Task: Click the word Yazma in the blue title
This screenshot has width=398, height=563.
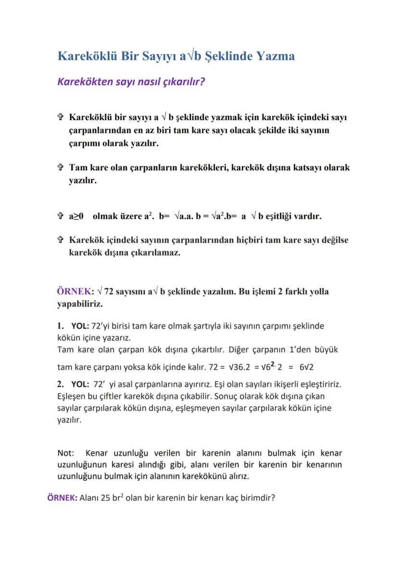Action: pyautogui.click(x=274, y=56)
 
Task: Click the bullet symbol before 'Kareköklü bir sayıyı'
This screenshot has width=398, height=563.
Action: pyautogui.click(x=61, y=117)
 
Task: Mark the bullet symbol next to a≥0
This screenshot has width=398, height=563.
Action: pyautogui.click(x=61, y=216)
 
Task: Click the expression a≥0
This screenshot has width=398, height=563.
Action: pyautogui.click(x=76, y=216)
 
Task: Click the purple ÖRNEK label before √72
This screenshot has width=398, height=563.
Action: pyautogui.click(x=75, y=291)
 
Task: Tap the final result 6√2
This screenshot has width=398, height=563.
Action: pyautogui.click(x=306, y=367)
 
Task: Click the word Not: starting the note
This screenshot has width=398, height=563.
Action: pyautogui.click(x=66, y=453)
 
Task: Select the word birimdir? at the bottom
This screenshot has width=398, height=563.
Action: pyautogui.click(x=257, y=498)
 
